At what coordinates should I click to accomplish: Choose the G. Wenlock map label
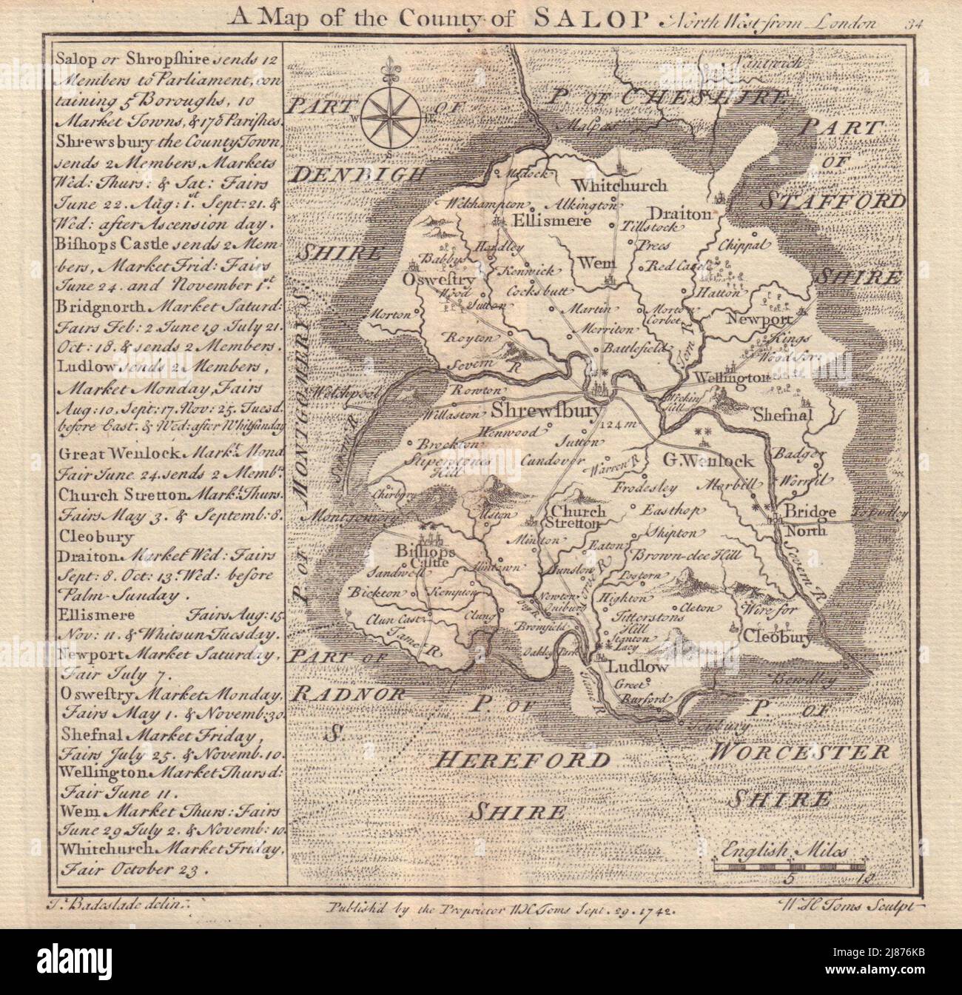coord(708,460)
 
